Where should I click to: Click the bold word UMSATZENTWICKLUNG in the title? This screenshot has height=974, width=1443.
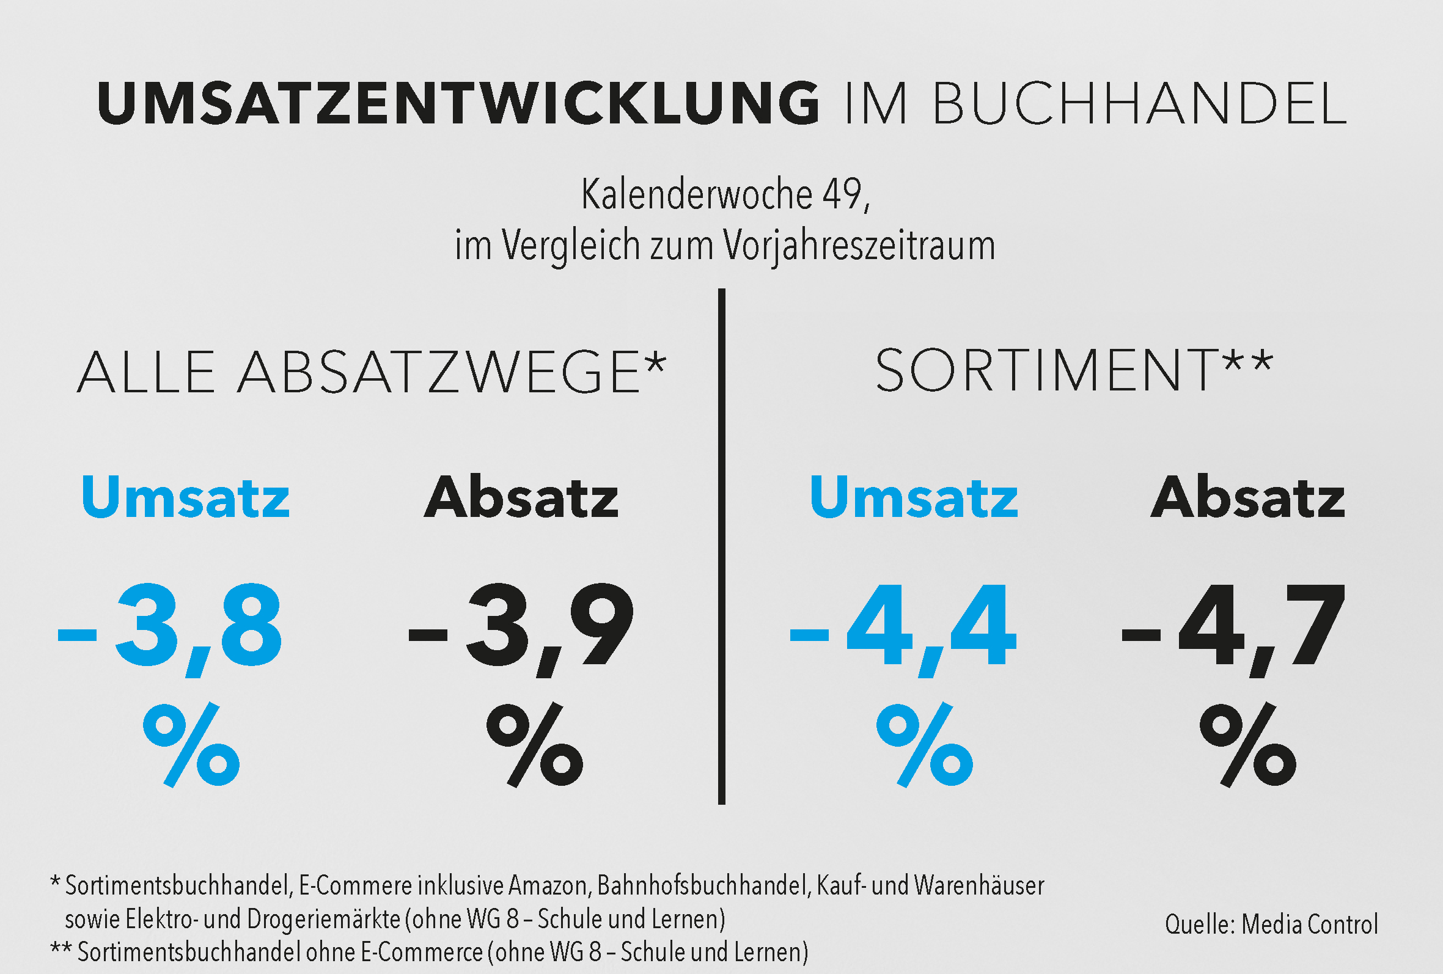(458, 103)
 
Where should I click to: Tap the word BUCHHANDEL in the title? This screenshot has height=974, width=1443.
(1139, 103)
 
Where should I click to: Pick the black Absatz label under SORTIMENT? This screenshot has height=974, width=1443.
(1248, 498)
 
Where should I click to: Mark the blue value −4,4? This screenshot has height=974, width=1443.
(901, 627)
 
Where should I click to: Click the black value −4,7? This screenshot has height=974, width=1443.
(1233, 627)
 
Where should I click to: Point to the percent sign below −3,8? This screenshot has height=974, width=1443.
(191, 745)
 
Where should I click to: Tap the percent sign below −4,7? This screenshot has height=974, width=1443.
(1248, 745)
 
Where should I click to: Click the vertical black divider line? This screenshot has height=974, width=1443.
(721, 546)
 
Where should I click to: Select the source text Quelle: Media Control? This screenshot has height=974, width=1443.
(1271, 925)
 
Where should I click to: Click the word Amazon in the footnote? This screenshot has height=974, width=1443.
(548, 886)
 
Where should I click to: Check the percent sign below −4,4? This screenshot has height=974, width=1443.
(925, 745)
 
